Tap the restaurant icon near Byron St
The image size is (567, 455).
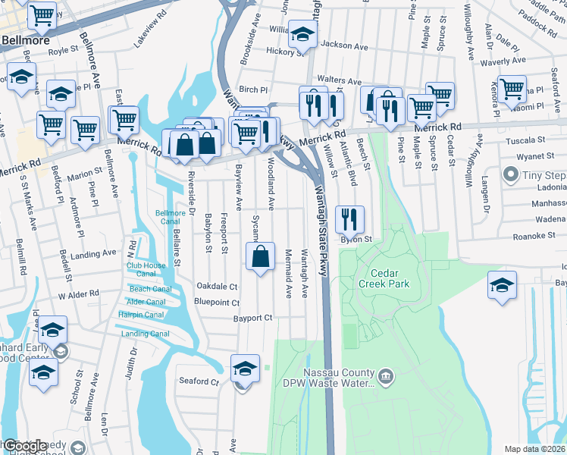349,220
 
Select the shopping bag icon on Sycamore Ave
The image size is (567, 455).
260,256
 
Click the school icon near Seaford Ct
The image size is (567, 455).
245,369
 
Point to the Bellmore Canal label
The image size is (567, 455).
170,218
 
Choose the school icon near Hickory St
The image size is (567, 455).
302,35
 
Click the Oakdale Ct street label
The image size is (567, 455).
217,287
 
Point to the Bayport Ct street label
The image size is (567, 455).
253,318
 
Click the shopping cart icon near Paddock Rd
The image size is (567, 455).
512,89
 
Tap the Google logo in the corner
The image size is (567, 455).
24,446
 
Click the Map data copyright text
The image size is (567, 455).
534,449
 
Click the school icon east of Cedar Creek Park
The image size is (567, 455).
501,287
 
